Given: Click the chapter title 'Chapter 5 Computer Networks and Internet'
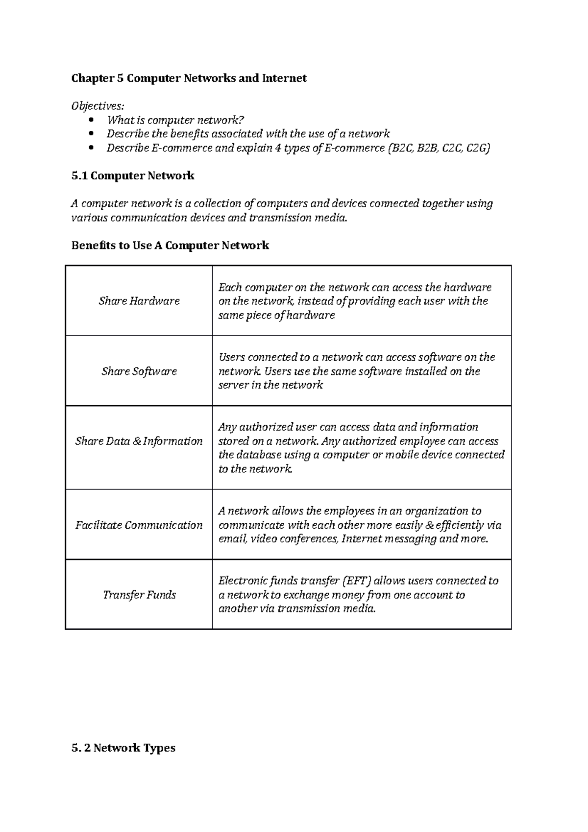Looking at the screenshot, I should tap(189, 78).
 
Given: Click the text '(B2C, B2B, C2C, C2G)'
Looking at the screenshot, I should tap(438, 148).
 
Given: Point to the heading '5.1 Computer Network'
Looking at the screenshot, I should tap(133, 175).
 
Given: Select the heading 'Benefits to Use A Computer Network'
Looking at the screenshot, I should tap(170, 245).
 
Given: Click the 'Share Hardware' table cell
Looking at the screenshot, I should tap(139, 301).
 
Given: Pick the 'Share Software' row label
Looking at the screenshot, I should tap(139, 371).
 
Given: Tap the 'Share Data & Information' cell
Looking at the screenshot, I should tap(139, 441).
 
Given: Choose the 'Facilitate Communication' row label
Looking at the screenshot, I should tap(139, 525).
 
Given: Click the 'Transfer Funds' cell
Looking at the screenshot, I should tap(139, 595).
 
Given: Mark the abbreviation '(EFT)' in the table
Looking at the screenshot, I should tap(356, 581).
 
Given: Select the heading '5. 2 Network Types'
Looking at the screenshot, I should tap(123, 748).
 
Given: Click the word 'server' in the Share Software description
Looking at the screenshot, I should tap(233, 385).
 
